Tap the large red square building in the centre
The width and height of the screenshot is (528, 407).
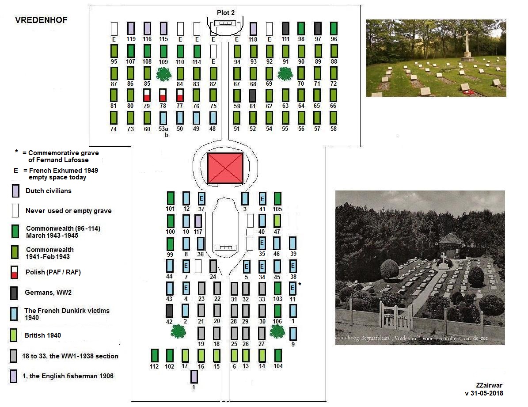(x=225, y=167)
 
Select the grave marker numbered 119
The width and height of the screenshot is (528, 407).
(x=131, y=28)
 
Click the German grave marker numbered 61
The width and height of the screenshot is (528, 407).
(x=252, y=95)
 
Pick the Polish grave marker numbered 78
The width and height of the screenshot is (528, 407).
(x=163, y=95)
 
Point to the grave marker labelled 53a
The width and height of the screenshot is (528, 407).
(x=163, y=118)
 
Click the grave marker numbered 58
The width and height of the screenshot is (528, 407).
(x=333, y=118)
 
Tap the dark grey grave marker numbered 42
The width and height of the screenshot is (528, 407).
(x=169, y=311)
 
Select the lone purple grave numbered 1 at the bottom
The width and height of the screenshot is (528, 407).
(x=194, y=377)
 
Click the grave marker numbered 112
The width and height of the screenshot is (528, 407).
(x=154, y=355)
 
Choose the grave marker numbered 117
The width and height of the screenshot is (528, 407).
(x=198, y=221)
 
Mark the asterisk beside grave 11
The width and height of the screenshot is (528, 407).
(x=300, y=285)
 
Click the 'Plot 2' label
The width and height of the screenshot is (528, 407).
(x=225, y=12)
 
